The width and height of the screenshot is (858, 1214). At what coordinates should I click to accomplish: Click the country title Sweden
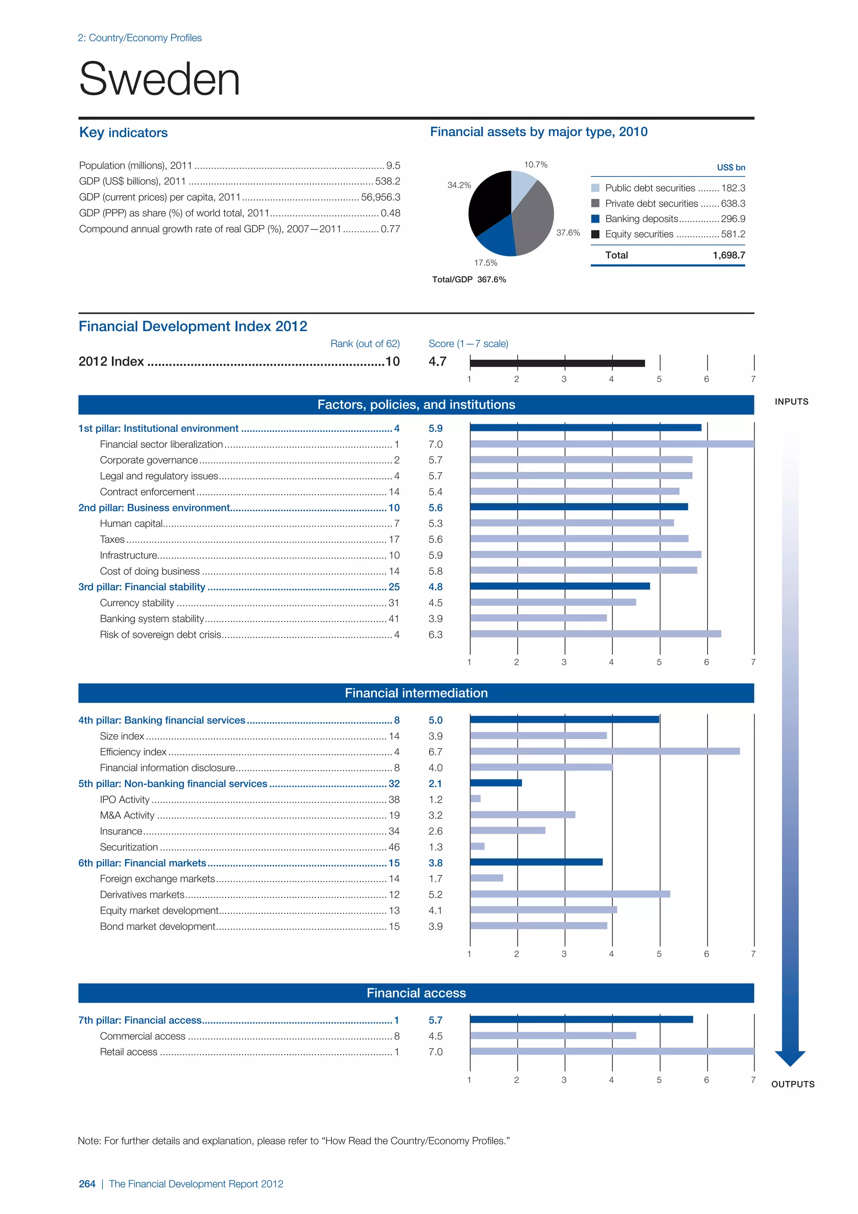click(160, 79)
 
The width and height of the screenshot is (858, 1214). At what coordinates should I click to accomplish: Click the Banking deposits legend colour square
click(595, 219)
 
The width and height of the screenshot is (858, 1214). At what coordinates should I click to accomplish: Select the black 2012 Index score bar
click(557, 363)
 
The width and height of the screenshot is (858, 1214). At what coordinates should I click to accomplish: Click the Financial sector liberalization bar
click(612, 444)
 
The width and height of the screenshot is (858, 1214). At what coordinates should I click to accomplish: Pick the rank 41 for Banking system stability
click(394, 619)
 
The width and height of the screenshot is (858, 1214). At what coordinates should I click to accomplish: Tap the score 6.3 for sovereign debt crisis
click(435, 635)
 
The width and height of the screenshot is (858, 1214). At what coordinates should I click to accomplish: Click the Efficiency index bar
click(605, 751)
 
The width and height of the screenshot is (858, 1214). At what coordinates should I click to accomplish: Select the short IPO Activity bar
click(476, 799)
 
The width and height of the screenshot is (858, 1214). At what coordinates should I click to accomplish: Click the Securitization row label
click(129, 847)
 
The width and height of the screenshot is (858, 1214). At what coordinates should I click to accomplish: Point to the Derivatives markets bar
click(569, 894)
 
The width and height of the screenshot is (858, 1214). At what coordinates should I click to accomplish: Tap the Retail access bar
click(612, 1051)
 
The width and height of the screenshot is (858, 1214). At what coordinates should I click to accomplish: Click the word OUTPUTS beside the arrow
click(793, 1084)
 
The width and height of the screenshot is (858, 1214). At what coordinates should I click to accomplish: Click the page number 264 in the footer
click(87, 1184)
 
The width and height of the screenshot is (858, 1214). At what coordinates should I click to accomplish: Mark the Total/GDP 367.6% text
click(469, 280)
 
